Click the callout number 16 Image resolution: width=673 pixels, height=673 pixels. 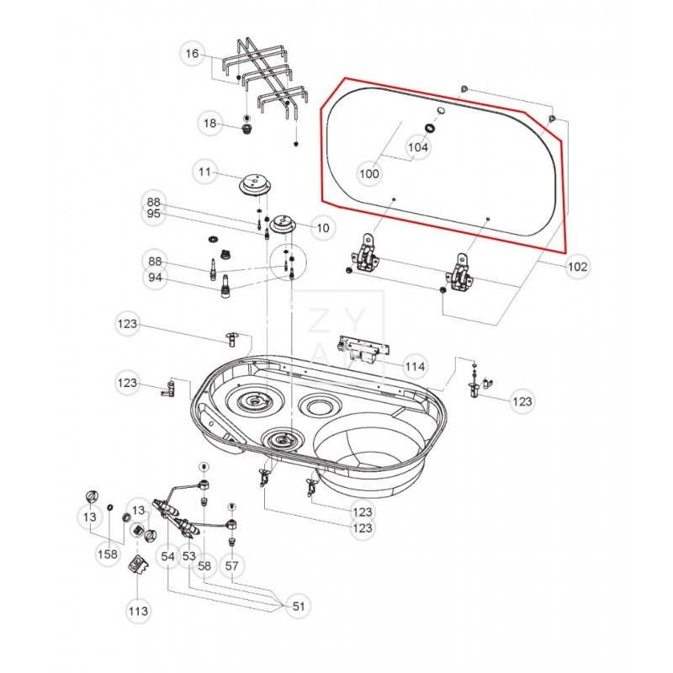coord(192,54)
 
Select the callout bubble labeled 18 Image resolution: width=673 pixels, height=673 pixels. coord(209,124)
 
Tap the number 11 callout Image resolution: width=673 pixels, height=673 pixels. coord(203,172)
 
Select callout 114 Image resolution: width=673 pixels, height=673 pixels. coord(415,367)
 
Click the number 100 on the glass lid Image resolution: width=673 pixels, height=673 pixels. coord(369,174)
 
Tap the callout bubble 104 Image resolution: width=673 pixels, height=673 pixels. coord(418,146)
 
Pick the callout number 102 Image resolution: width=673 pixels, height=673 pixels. coord(578,267)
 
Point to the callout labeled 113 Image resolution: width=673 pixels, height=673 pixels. coord(137,611)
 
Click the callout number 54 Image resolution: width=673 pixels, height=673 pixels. coord(167,556)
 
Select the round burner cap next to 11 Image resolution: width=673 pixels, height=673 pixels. coord(253,183)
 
